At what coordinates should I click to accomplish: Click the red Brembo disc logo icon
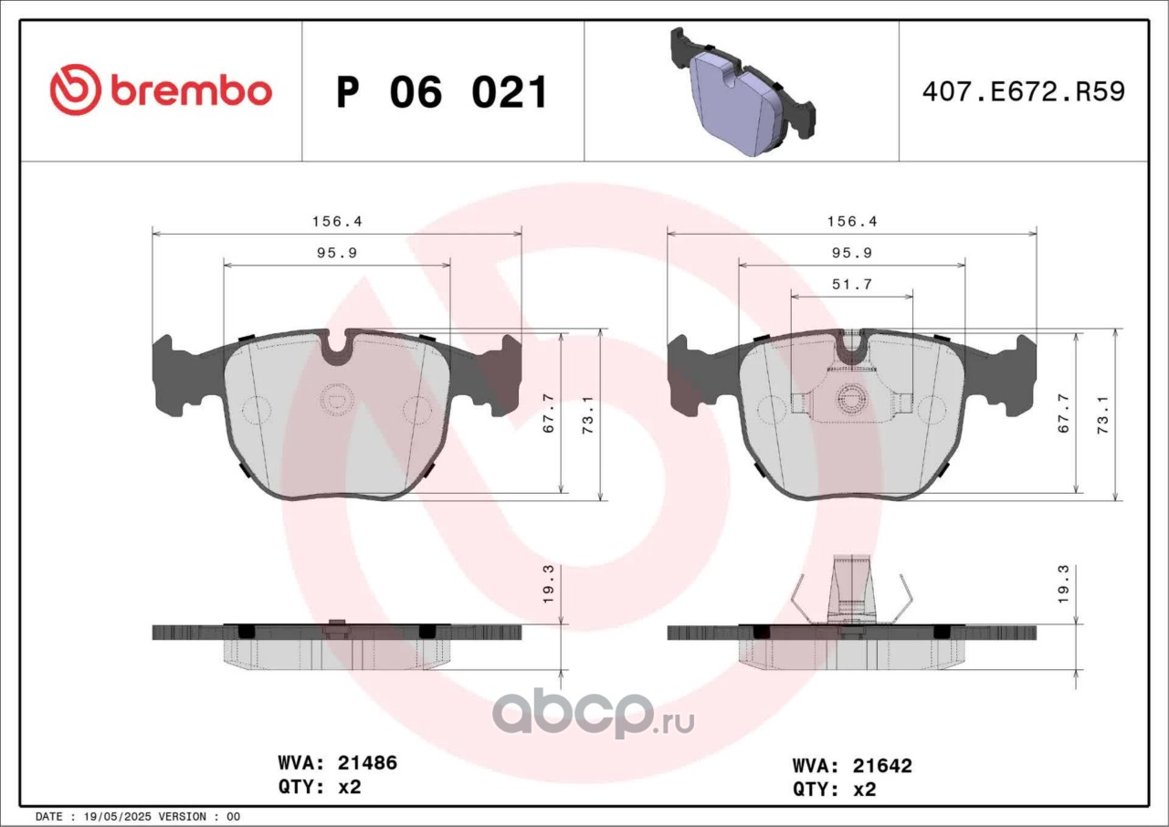click(75, 89)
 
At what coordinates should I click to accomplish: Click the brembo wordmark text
click(191, 90)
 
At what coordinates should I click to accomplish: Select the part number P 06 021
click(441, 92)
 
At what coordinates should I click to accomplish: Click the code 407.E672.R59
click(1024, 92)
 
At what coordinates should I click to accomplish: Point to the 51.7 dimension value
click(852, 284)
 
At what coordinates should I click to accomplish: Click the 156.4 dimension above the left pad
click(337, 222)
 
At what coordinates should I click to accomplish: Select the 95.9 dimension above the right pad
click(852, 253)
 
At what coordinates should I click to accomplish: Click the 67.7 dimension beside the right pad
click(1064, 413)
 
